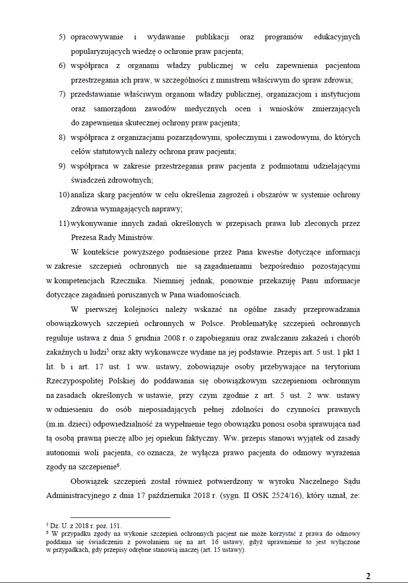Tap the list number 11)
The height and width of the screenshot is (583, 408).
point(63,223)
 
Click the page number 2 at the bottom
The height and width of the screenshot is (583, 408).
point(368,576)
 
